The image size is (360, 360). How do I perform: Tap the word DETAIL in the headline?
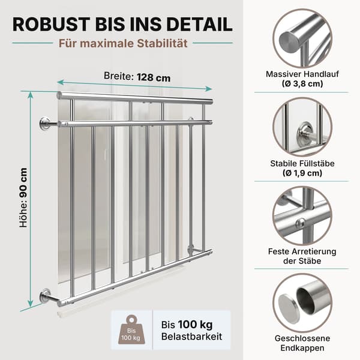pyautogui.click(x=200, y=24)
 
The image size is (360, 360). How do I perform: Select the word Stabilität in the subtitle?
pyautogui.click(x=162, y=43)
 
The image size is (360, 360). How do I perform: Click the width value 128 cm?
pyautogui.click(x=154, y=77)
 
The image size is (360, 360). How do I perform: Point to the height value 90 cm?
pyautogui.click(x=23, y=182)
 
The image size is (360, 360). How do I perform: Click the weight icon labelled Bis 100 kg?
pyautogui.click(x=131, y=329)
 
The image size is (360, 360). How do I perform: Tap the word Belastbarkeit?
pyautogui.click(x=191, y=337)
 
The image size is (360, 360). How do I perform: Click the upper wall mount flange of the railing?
pyautogui.click(x=45, y=124)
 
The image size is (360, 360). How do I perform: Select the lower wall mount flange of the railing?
pyautogui.click(x=45, y=296)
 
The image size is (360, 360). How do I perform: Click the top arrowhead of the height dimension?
pyautogui.click(x=31, y=94)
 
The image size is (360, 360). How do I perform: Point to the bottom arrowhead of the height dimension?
pyautogui.click(x=30, y=304)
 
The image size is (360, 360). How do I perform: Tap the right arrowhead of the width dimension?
pyautogui.click(x=209, y=89)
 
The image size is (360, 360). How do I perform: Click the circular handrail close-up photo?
pyautogui.click(x=302, y=38)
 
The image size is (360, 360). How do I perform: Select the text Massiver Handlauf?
pyautogui.click(x=302, y=74)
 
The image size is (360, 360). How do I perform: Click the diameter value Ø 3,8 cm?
pyautogui.click(x=302, y=83)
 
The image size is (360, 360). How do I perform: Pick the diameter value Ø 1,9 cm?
pyautogui.click(x=302, y=173)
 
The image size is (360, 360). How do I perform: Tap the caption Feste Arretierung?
pyautogui.click(x=302, y=251)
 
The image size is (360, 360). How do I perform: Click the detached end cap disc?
pyautogui.click(x=289, y=306)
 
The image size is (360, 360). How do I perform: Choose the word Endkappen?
pyautogui.click(x=302, y=348)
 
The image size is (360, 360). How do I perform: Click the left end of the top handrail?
pyautogui.click(x=59, y=95)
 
